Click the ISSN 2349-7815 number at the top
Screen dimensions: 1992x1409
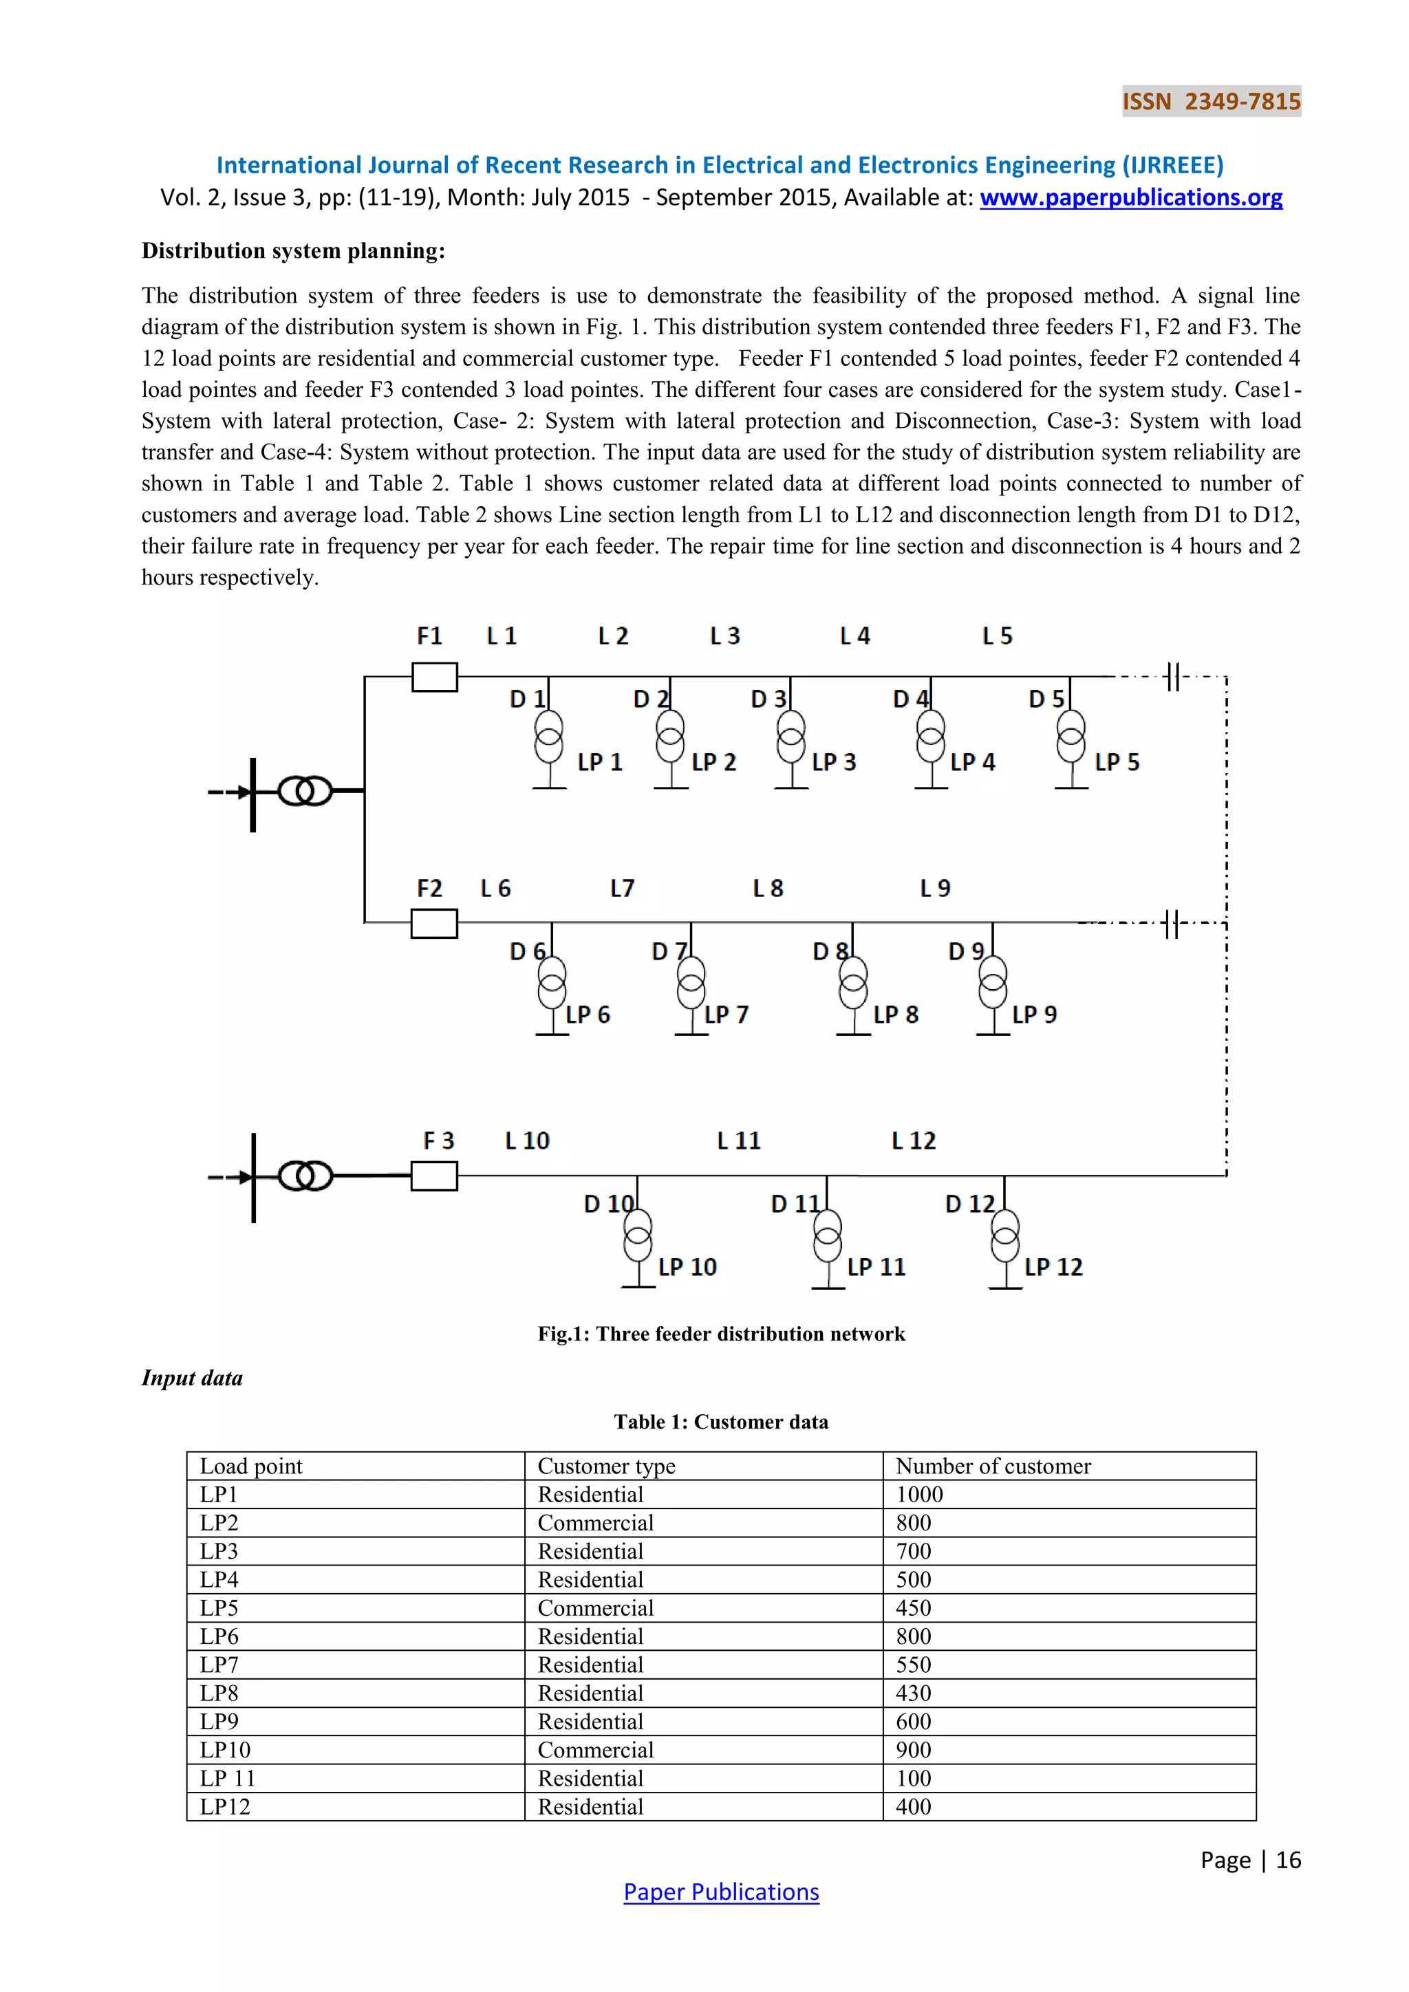(1211, 102)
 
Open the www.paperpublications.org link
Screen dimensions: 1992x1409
(1130, 198)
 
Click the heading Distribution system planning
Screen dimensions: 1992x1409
(293, 251)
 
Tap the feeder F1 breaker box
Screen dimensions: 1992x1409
(435, 677)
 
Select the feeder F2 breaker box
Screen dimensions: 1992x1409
(435, 923)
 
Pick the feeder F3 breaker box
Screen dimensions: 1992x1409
(435, 1176)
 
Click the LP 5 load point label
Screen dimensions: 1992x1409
(1117, 763)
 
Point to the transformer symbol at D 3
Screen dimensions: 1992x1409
(790, 737)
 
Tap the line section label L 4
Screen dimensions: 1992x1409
(854, 637)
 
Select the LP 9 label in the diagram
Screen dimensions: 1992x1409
(1034, 1015)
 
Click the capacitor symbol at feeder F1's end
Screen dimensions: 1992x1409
(1172, 677)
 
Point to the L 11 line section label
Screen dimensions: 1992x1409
(738, 1141)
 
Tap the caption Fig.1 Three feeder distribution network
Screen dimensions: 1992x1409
(721, 1334)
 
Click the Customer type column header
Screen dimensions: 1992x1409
(606, 1466)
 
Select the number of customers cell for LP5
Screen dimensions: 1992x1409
(914, 1608)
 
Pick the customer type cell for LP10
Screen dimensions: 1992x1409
(595, 1750)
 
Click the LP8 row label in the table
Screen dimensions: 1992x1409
(219, 1693)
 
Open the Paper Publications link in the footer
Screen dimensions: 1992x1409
(721, 1892)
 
